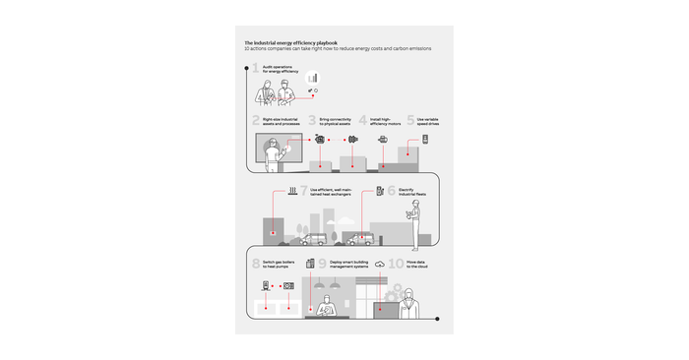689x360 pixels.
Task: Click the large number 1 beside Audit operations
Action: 256,69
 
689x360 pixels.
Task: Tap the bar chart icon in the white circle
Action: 313,78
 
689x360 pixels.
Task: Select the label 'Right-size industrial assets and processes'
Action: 280,121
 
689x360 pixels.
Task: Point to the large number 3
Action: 312,121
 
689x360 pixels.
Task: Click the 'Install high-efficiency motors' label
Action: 387,121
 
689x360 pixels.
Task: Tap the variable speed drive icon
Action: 425,140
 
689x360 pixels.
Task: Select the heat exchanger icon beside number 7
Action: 293,191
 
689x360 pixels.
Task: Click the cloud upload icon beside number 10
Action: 379,264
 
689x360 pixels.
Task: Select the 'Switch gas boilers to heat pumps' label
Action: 280,265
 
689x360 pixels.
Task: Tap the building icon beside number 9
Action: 310,264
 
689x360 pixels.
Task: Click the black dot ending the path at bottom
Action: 440,318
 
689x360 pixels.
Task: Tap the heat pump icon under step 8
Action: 288,286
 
